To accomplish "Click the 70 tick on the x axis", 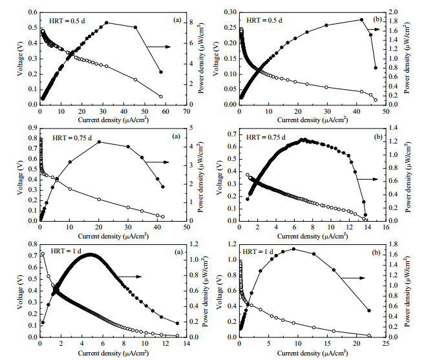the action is point(187,111).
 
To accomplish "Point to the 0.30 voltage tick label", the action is point(231,12).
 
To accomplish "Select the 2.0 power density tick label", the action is point(393,12).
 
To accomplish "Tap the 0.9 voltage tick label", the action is point(33,128).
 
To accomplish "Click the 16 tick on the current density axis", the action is point(386,227).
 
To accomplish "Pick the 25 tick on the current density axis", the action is point(386,343).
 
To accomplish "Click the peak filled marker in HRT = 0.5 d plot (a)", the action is point(107,23).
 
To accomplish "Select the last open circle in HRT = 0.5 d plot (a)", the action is point(161,96).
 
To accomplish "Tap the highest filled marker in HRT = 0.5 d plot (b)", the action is point(361,19).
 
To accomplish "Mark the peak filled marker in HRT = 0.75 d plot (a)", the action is point(99,142).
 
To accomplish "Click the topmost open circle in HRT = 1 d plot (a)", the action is point(43,254).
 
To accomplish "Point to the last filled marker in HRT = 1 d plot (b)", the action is point(369,310).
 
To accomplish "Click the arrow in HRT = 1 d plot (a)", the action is point(129,277).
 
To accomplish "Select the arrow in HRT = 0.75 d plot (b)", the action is point(367,179).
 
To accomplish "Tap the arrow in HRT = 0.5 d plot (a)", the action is point(159,47).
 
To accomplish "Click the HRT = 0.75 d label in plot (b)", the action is point(266,138).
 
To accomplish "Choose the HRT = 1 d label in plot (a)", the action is point(67,251).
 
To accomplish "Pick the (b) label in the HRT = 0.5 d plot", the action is point(377,19).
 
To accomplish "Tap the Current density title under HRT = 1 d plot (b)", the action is point(312,353).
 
